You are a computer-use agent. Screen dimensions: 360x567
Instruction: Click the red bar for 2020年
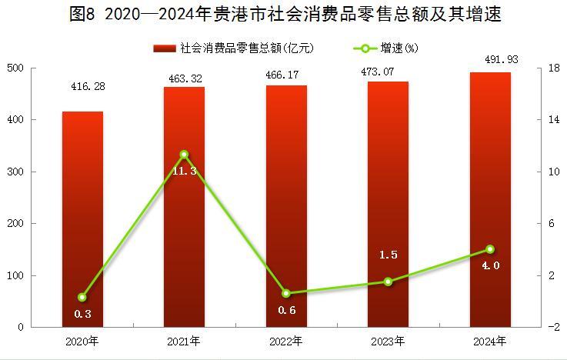click(x=82, y=219)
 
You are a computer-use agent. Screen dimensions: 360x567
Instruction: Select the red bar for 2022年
click(x=286, y=206)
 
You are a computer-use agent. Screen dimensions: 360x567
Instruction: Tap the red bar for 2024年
click(x=490, y=200)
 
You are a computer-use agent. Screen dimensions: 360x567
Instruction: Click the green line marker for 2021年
click(x=184, y=155)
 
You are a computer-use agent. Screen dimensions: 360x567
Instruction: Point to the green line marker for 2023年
click(x=389, y=282)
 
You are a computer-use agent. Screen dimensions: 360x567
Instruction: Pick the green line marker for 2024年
click(x=490, y=249)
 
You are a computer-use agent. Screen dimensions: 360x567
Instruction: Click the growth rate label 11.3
click(x=185, y=171)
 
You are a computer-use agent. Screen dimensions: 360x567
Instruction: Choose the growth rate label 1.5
click(x=389, y=255)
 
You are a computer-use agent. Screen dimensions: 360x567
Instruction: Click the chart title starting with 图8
click(x=283, y=15)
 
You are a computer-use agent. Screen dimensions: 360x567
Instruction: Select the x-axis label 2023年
click(x=389, y=341)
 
